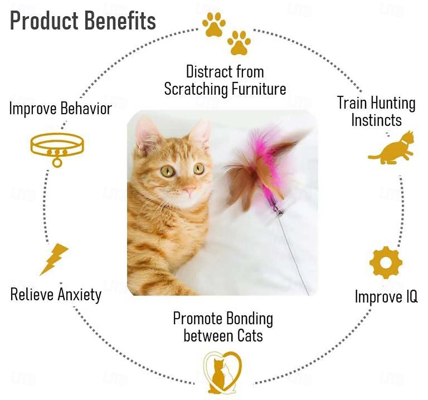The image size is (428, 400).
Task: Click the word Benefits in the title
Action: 120,20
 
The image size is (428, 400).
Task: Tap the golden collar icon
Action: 57,148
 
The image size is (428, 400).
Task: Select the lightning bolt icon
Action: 54,259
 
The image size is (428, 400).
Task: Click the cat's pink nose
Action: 189,190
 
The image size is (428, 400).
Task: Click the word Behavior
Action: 86,109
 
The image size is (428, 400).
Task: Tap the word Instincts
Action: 376,120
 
